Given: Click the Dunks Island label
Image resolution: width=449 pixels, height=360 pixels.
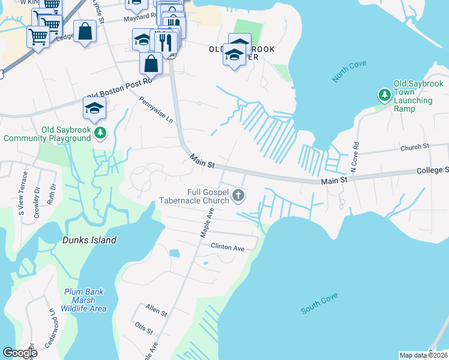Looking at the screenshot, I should [89, 240].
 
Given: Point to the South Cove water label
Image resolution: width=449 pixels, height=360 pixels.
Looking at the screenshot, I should [319, 304].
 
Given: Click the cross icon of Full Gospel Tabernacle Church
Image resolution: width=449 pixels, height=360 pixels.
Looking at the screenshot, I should [238, 194].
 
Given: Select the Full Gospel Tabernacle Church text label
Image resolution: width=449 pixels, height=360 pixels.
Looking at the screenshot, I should [194, 196].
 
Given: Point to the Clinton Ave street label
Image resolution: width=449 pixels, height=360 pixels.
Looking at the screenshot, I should [227, 246].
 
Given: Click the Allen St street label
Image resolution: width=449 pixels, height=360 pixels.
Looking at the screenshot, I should [156, 310].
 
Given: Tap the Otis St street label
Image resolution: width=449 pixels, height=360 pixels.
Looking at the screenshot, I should [145, 329].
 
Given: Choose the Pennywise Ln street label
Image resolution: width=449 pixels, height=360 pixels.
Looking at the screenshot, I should [155, 110].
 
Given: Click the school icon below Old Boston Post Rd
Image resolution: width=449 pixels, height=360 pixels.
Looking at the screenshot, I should [95, 108].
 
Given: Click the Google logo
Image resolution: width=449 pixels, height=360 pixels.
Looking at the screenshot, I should [20, 353].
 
